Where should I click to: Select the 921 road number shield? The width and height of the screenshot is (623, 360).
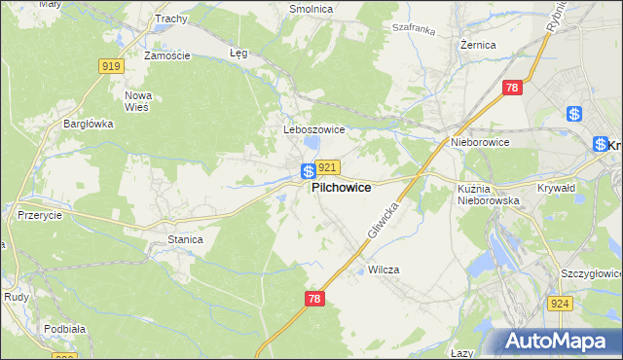[x=327, y=167]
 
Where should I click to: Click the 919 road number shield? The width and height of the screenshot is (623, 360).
[x=110, y=65]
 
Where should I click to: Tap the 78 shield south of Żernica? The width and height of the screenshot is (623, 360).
[x=513, y=89]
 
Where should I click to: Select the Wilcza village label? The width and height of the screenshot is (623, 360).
[x=385, y=270]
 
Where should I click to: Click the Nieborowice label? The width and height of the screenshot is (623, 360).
[x=480, y=142]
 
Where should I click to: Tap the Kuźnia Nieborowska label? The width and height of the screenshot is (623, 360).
[x=489, y=194]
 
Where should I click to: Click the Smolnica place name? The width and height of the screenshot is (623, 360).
[x=311, y=9]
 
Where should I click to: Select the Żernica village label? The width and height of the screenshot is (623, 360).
[x=478, y=45]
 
